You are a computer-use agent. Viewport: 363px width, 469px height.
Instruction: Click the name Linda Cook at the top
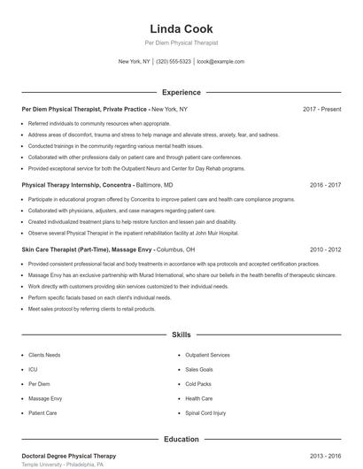coord(181,28)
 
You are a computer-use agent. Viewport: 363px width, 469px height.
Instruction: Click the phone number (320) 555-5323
coord(174,62)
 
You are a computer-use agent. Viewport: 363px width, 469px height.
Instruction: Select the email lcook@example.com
coord(220,62)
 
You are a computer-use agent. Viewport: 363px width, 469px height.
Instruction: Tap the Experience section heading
coord(181,91)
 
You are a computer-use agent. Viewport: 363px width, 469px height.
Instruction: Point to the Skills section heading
coord(181,335)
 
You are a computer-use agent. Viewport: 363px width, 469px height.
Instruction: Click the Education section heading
coord(181,438)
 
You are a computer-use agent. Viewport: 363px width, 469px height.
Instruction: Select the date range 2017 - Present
coord(321,109)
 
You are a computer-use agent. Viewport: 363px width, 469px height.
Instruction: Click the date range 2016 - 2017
coord(326,186)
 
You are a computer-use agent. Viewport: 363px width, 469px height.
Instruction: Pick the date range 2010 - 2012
coord(326,250)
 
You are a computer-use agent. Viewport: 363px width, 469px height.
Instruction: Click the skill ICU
coord(33,369)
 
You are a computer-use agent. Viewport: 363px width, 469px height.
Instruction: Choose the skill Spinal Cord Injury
coord(205,412)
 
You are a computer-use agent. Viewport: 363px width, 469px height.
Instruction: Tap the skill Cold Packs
coord(198,384)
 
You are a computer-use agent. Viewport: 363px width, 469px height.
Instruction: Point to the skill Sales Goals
coord(200,369)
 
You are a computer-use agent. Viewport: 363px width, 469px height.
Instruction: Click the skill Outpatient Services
coord(207,355)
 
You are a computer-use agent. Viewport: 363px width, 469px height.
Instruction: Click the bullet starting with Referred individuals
coord(99,123)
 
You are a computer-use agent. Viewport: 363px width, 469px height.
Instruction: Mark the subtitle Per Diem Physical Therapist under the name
coord(181,42)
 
